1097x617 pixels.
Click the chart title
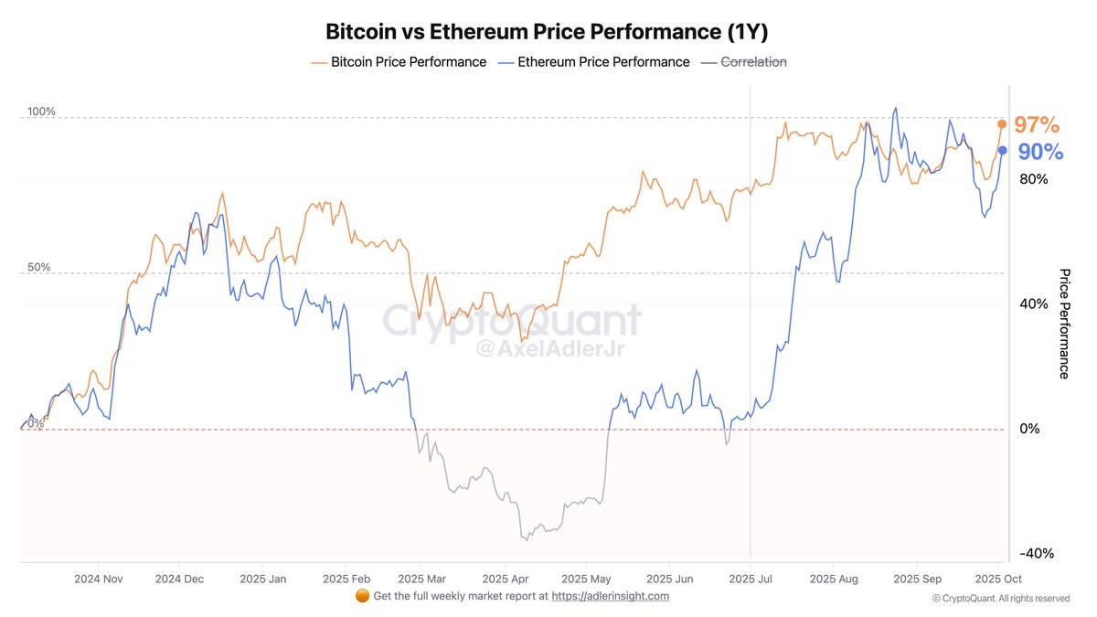(547, 31)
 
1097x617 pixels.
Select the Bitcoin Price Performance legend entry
(399, 62)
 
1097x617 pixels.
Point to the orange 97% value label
(1037, 125)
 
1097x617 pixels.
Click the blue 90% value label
(1040, 152)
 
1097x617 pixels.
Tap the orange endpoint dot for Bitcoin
(1002, 123)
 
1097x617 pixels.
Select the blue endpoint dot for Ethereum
(1003, 150)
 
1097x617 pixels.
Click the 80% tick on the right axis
(1033, 179)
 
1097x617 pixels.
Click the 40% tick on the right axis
(1033, 303)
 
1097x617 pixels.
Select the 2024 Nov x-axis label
(99, 579)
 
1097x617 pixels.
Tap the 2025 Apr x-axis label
(506, 579)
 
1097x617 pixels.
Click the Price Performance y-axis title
(1064, 324)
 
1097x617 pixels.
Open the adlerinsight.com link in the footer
(611, 596)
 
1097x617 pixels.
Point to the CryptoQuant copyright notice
(1000, 599)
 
